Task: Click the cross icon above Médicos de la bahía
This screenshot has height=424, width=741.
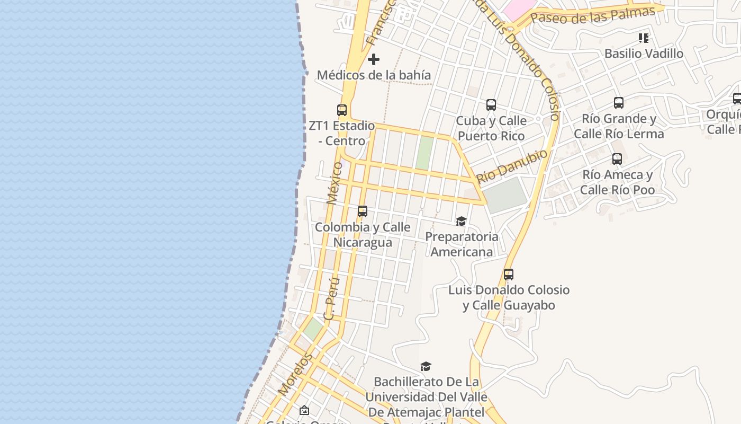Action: point(374,59)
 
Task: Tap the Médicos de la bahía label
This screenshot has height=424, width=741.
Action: point(374,75)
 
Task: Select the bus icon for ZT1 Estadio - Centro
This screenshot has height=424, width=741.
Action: point(342,110)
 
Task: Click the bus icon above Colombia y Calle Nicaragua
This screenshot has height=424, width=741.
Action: point(363,211)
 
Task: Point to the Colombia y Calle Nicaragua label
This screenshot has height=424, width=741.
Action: point(363,235)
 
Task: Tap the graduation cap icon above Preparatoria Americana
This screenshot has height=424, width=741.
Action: point(461,221)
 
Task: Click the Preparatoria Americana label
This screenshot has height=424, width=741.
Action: point(462,244)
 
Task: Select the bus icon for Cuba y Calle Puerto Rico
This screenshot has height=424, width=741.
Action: point(491,105)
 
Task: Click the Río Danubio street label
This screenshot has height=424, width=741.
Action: point(512,166)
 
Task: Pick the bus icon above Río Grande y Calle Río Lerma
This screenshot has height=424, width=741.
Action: point(619,103)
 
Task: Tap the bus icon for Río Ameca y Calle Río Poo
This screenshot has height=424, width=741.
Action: point(617,159)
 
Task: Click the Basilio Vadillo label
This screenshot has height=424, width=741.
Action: point(644,54)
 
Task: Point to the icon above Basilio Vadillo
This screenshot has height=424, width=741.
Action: point(644,38)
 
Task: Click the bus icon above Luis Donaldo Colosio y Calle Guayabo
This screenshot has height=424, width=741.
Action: point(509,275)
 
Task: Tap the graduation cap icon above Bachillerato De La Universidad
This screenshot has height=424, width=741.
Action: point(426,367)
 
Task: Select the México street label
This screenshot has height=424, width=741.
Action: point(335,183)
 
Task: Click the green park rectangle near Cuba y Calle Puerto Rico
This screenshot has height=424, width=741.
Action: point(424,153)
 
